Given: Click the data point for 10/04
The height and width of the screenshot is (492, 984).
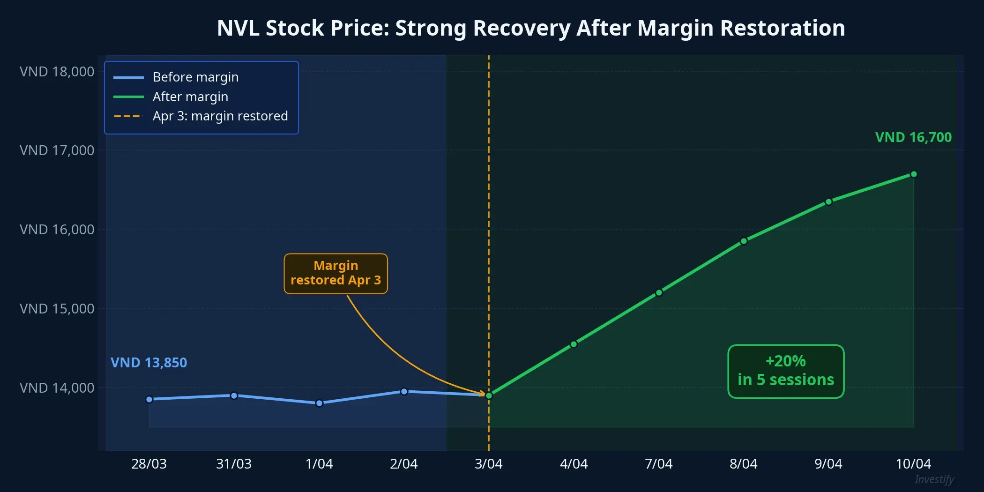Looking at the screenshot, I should click(913, 174).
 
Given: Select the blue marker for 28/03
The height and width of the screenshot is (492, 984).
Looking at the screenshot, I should click(149, 399).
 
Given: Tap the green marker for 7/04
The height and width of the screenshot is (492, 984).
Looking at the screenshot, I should click(659, 293).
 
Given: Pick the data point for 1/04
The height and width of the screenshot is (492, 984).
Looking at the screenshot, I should click(319, 403).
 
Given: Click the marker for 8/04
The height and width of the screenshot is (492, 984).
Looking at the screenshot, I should click(744, 241).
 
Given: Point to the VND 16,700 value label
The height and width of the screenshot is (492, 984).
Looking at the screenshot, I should click(913, 137).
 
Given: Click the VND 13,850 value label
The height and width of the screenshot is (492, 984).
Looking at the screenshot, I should click(149, 363).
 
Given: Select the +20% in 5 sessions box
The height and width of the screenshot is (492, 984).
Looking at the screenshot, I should click(786, 371).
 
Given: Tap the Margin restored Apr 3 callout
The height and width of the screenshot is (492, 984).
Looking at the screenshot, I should click(335, 273).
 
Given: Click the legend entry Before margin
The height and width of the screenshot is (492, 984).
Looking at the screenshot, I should click(195, 77).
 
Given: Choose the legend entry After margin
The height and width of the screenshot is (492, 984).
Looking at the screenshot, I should click(190, 97).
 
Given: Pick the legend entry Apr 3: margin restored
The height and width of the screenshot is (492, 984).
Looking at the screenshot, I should click(220, 116).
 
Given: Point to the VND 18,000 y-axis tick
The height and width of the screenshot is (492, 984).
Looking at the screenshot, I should click(57, 72).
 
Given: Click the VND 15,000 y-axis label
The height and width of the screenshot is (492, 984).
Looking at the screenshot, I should click(57, 309).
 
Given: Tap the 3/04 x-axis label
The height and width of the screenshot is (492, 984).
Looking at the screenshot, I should click(488, 464).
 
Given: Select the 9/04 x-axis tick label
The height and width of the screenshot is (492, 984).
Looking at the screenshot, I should click(828, 464).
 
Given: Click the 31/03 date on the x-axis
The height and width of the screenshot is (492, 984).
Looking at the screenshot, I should click(234, 464).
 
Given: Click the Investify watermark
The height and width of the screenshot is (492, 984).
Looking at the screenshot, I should click(934, 479).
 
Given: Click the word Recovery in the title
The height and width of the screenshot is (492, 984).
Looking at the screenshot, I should click(521, 28).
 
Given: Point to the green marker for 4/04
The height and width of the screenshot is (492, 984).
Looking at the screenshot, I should click(574, 344).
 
